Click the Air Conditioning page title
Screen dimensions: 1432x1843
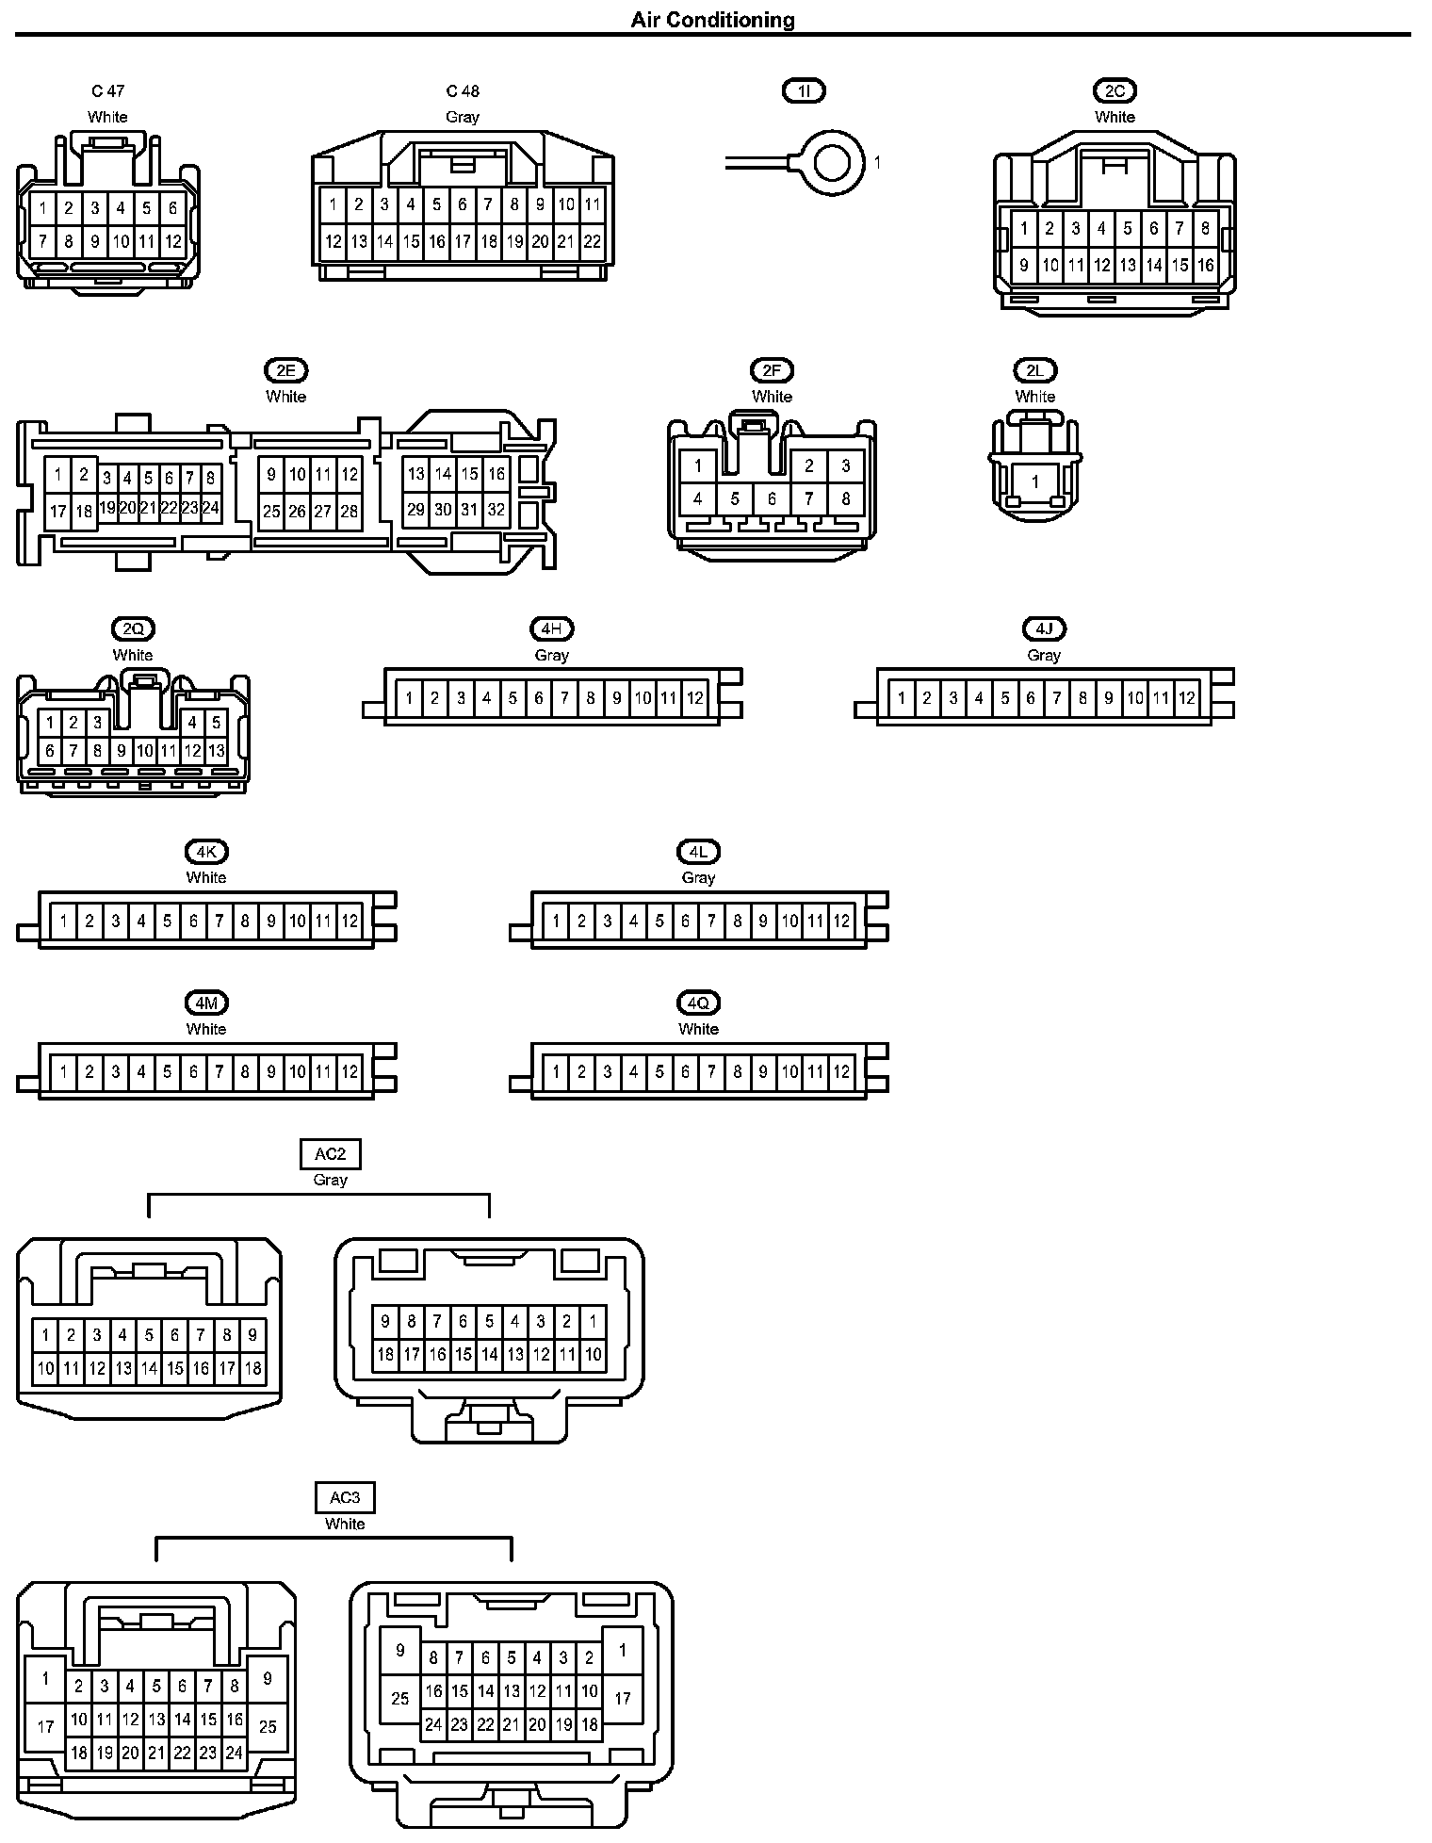tap(712, 20)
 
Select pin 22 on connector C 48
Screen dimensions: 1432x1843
tap(592, 241)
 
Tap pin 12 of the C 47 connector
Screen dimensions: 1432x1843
tap(173, 241)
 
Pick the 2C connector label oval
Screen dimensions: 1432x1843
tap(1115, 90)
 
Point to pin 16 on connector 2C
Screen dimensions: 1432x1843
tap(1206, 266)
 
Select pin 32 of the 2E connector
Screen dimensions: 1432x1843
tap(496, 510)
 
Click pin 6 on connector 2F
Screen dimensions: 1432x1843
tap(772, 499)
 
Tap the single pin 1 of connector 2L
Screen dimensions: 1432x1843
tap(1034, 481)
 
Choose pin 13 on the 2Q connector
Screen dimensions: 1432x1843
tap(216, 751)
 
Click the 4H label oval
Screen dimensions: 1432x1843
tap(551, 628)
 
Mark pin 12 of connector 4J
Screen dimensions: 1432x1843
tap(1187, 698)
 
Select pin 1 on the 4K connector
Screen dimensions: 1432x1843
tap(63, 921)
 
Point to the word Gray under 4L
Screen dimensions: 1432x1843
tap(698, 877)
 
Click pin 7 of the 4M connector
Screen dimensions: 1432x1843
tap(219, 1071)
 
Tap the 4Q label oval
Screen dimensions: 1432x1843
tap(698, 1003)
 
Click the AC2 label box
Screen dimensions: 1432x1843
tap(330, 1154)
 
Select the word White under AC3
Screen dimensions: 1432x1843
tap(345, 1524)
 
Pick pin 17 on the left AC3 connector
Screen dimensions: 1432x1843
tap(45, 1727)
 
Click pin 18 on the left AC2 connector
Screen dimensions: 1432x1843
tap(252, 1368)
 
